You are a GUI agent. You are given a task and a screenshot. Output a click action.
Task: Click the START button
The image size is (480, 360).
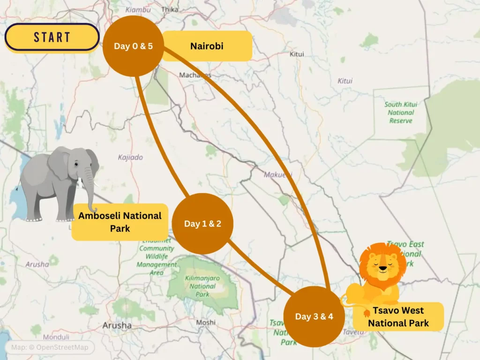pos(52,37)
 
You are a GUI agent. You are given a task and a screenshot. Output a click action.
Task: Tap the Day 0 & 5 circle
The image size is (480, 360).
pos(134,46)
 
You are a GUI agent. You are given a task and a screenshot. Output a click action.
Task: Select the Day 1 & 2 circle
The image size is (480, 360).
pos(202,224)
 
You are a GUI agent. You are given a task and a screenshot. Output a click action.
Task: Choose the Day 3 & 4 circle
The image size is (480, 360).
pos(314,316)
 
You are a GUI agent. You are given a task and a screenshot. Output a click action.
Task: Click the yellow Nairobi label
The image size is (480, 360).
pos(207,46)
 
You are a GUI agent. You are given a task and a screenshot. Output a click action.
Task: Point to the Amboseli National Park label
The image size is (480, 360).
pos(120,222)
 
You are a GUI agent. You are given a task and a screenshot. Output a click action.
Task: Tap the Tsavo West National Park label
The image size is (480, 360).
pos(398,316)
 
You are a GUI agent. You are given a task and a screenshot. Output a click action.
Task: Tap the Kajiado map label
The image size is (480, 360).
pos(130,157)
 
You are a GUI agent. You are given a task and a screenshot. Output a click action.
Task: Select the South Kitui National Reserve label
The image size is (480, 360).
pos(401,112)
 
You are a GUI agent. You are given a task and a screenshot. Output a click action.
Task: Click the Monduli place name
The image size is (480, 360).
pos(56,337)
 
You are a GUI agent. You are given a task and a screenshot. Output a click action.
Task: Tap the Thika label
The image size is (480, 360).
pos(169,9)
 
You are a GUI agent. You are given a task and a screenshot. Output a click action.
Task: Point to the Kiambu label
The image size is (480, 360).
pos(138,9)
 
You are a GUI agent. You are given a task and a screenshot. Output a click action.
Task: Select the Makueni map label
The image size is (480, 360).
pos(277,175)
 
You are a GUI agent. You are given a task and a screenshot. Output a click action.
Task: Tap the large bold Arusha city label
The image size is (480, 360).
pos(117,325)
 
